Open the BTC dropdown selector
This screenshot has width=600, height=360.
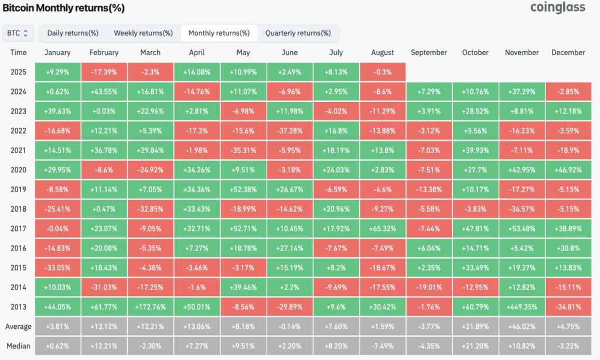[x=18, y=33]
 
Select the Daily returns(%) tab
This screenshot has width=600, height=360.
[x=73, y=33]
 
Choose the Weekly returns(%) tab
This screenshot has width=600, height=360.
[x=143, y=33]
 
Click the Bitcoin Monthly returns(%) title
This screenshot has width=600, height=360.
[x=64, y=8]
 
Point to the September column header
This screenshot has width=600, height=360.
[x=429, y=53]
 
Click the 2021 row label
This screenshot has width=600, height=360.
[x=18, y=150]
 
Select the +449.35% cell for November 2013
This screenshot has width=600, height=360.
[x=521, y=307]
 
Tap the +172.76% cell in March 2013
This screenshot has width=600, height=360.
[x=151, y=307]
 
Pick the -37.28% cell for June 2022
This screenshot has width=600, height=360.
[x=290, y=131]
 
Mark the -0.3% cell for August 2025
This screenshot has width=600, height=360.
[x=383, y=72]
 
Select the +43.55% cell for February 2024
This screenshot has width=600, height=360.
[x=104, y=91]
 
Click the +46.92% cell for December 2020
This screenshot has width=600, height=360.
[x=568, y=170]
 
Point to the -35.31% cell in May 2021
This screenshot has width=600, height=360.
[x=243, y=150]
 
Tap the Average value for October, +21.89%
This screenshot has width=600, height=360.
[x=475, y=327]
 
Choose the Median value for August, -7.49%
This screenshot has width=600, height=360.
[x=383, y=346]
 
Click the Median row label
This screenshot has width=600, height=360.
[x=18, y=346]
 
